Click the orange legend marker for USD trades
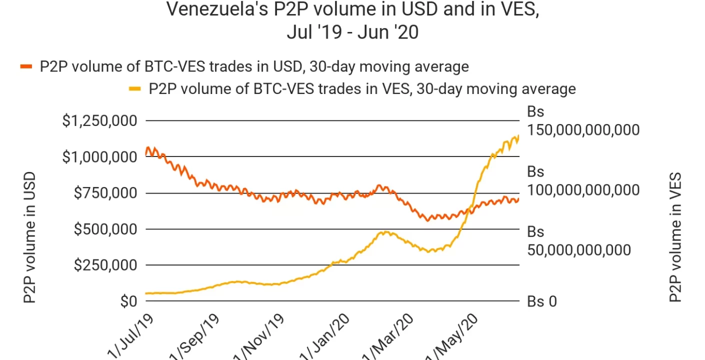(x=26, y=66)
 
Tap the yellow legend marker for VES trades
(x=135, y=89)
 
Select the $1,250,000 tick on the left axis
(x=100, y=121)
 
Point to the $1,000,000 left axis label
(x=100, y=157)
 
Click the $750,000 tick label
(x=105, y=193)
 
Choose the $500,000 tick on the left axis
(x=105, y=229)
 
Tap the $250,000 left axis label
(x=105, y=265)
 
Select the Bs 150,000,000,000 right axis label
(x=583, y=121)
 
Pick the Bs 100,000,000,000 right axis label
(x=583, y=181)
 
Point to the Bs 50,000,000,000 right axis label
(x=579, y=241)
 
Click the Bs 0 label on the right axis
(x=542, y=301)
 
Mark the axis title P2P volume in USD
(x=30, y=237)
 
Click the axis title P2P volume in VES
(x=675, y=237)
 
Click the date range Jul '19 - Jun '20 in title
(x=352, y=32)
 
